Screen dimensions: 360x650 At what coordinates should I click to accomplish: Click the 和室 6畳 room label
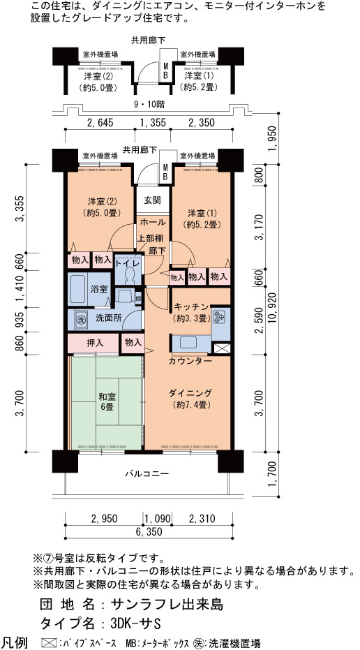tap(107, 401)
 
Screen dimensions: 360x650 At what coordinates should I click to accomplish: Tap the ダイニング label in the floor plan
tap(190, 392)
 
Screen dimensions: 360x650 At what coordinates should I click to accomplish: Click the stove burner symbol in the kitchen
tap(220, 316)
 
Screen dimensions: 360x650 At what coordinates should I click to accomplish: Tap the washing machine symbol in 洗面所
tap(80, 320)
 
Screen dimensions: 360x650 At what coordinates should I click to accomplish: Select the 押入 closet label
tap(95, 344)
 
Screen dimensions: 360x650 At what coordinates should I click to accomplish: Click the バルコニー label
tap(147, 473)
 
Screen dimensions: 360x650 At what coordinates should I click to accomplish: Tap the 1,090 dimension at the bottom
tap(158, 518)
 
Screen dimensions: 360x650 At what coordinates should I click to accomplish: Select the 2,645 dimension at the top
tap(100, 122)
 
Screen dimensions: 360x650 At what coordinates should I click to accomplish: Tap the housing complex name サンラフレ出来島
tap(167, 603)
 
